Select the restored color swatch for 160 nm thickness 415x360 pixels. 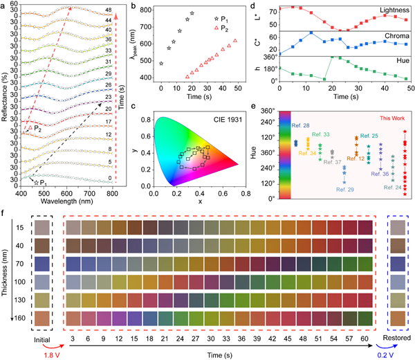tap(400, 318)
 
